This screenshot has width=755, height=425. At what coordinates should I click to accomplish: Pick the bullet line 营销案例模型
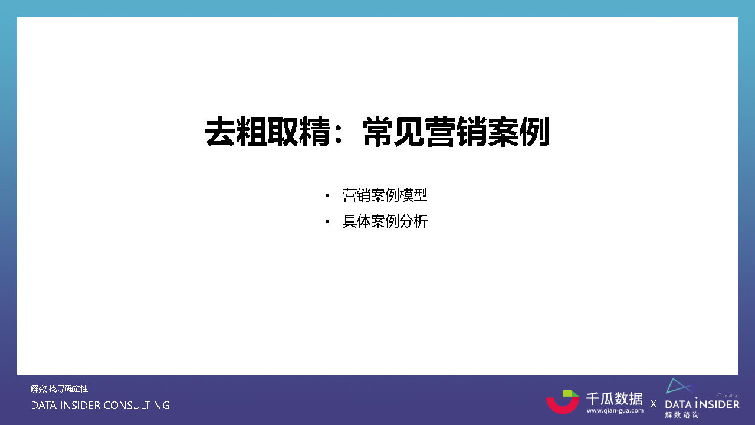click(385, 195)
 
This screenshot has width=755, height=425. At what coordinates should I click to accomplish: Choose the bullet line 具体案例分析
click(385, 222)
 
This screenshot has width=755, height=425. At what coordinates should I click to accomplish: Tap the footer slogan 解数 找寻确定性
click(60, 388)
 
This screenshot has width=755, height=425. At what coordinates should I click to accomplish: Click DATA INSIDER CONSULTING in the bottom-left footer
click(100, 406)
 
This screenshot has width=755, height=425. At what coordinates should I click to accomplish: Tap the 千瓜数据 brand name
click(614, 398)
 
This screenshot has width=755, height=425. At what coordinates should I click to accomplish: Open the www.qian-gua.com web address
click(615, 410)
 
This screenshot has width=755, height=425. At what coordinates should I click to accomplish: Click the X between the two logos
click(654, 404)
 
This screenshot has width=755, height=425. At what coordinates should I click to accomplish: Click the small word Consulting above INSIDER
click(728, 396)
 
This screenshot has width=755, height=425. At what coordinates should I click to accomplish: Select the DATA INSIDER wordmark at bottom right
click(702, 404)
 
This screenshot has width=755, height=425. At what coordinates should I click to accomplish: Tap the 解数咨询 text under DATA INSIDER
click(682, 415)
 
